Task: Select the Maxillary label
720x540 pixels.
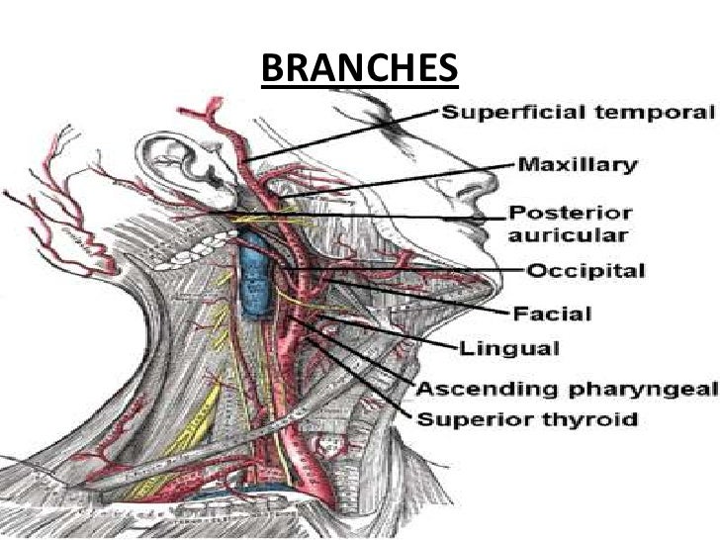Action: coord(578,163)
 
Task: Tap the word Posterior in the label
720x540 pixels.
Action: coord(559,214)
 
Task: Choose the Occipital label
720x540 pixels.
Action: coord(585,271)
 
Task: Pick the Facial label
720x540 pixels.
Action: coord(551,315)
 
